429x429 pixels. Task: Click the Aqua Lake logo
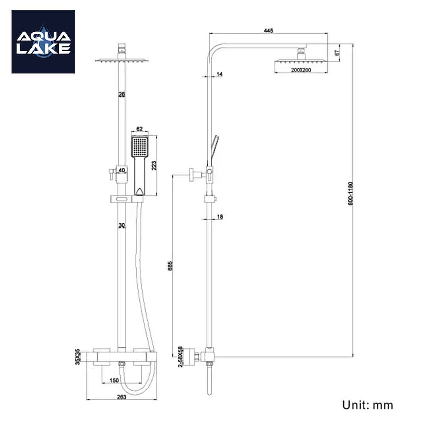(43, 42)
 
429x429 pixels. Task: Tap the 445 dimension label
(268, 31)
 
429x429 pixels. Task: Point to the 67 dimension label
(337, 52)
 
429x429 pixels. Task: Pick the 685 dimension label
(170, 266)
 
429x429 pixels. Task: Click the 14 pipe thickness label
(220, 74)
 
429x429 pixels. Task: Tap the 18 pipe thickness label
(220, 217)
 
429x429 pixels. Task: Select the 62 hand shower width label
(139, 129)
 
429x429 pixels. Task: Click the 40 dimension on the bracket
(122, 170)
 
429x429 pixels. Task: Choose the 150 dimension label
(114, 381)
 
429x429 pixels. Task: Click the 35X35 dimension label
(78, 357)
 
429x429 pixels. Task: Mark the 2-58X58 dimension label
(181, 357)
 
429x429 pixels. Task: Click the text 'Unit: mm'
(368, 405)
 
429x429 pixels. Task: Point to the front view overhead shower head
(122, 60)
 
